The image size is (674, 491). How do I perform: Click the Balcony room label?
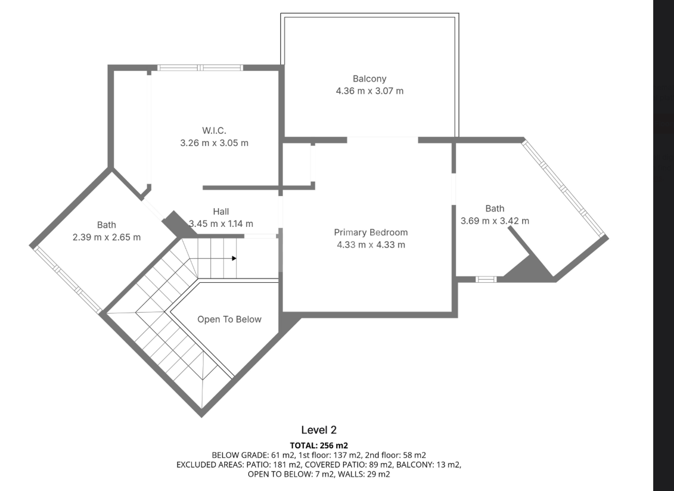369,79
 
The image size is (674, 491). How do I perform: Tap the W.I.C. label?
214,130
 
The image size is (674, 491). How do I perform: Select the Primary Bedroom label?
371,233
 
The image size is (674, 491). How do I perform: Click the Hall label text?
221,211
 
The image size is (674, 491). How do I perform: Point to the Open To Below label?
229,319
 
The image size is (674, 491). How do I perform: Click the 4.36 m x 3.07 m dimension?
369,91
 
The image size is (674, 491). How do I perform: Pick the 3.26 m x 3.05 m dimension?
214,143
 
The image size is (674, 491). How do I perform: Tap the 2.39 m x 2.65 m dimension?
106,237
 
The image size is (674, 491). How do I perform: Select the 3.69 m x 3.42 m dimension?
495,221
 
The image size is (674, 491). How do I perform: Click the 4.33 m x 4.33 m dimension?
371,245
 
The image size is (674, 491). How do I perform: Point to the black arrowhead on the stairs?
234,258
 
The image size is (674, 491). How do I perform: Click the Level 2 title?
319,430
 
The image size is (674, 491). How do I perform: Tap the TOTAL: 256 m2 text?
319,446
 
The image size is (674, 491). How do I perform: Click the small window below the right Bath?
486,280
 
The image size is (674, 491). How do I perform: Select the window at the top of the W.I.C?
200,68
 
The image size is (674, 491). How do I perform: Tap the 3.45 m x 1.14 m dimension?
221,224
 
